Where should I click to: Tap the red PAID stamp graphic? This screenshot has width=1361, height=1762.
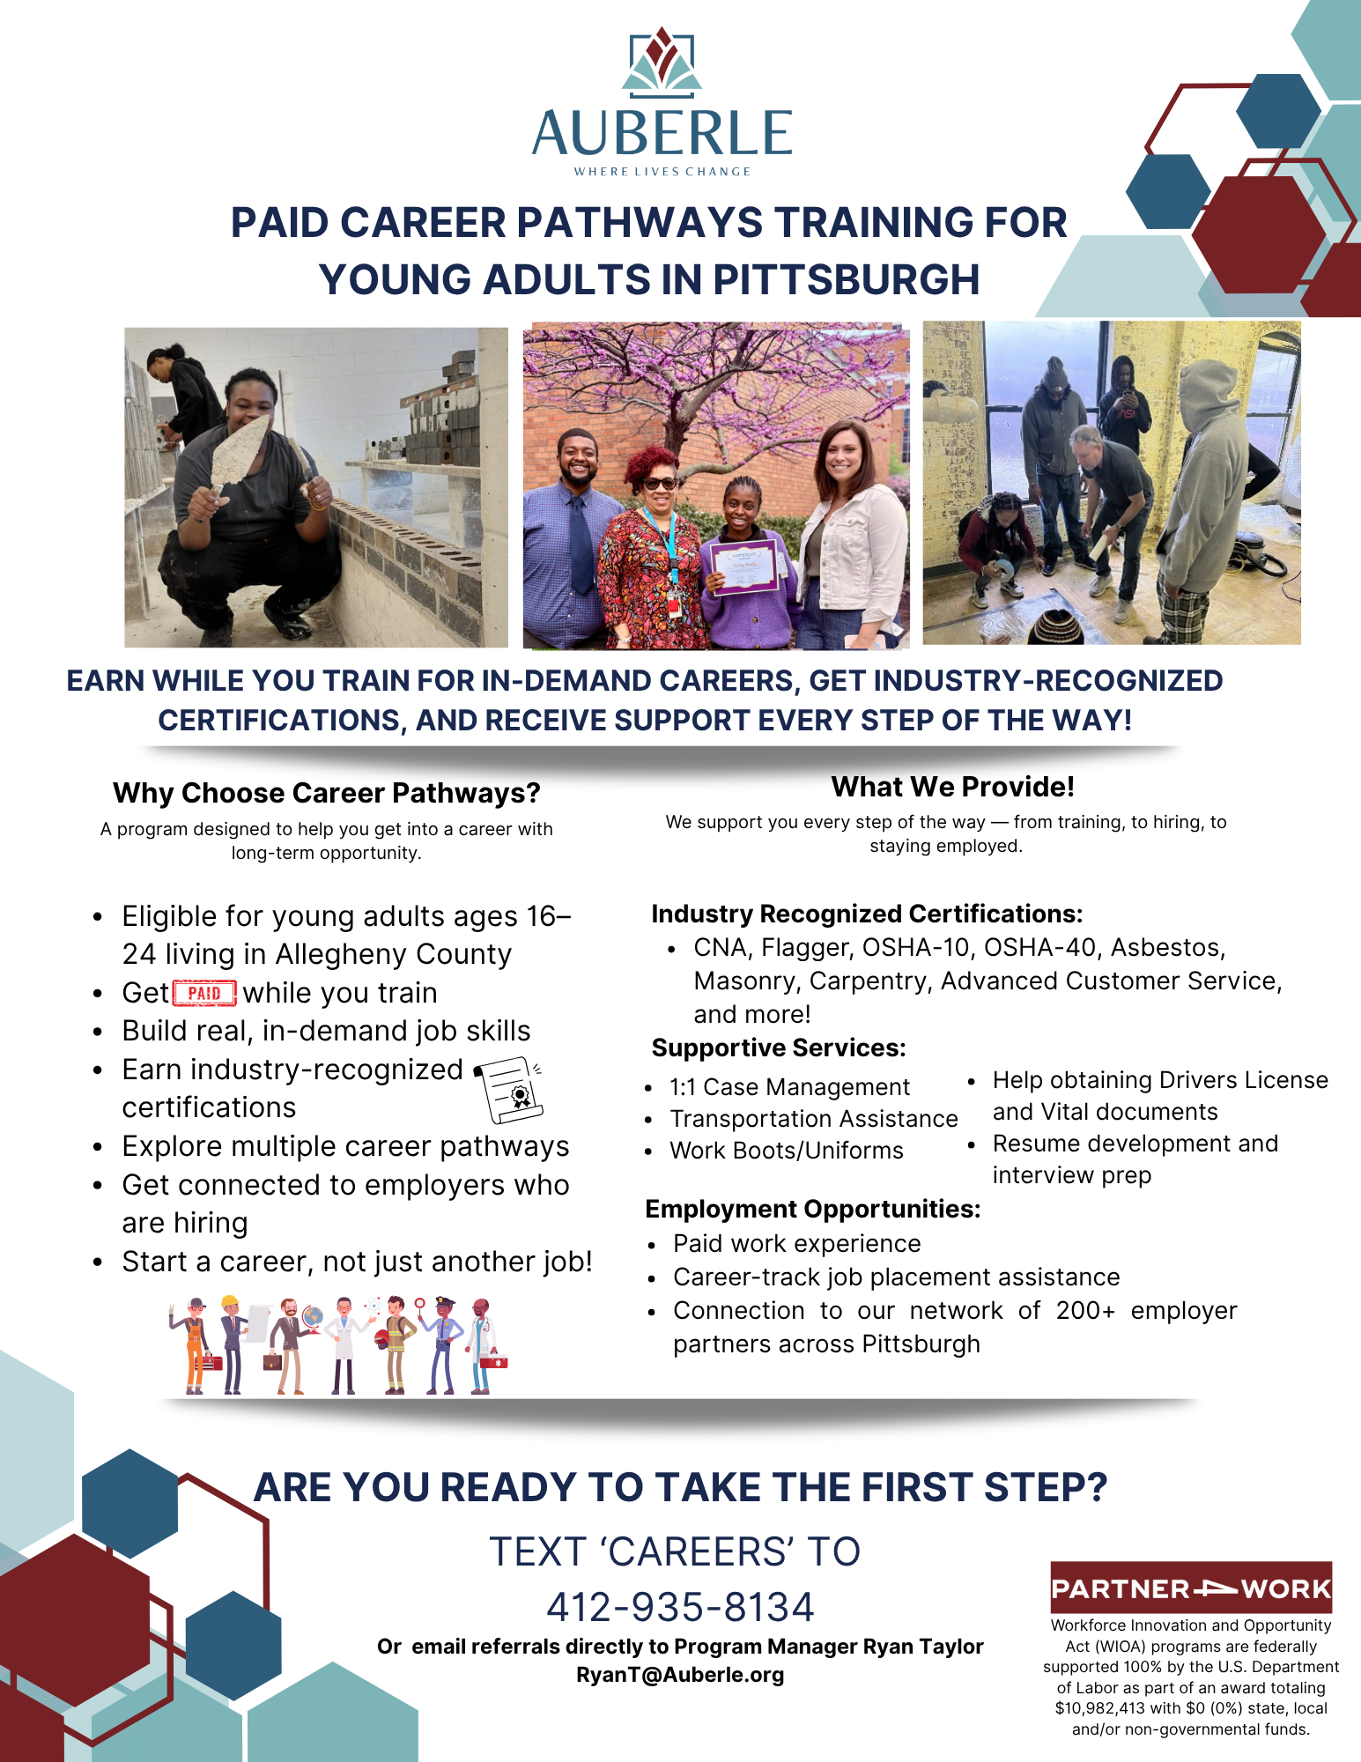[x=204, y=993]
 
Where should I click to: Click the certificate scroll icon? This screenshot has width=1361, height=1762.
[x=508, y=1090]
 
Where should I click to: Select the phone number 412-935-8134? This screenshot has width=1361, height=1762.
[x=680, y=1606]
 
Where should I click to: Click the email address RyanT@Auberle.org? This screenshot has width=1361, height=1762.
[x=680, y=1675]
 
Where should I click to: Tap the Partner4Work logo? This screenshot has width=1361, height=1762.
[x=1191, y=1588]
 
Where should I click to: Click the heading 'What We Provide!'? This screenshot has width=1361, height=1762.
[x=953, y=787]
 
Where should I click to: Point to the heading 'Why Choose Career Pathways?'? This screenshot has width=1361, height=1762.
[x=327, y=793]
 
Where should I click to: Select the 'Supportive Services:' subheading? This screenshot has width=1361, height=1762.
[x=779, y=1048]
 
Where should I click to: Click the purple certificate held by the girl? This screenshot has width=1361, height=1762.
[x=744, y=566]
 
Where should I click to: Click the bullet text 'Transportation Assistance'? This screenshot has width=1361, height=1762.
[x=814, y=1119]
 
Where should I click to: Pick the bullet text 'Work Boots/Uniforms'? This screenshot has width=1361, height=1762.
[x=787, y=1151]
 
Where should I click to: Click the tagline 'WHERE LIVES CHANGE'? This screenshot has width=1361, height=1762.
[x=662, y=172]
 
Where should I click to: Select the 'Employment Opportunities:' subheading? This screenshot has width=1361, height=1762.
[x=813, y=1209]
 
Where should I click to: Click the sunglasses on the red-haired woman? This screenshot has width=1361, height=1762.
[x=660, y=484]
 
